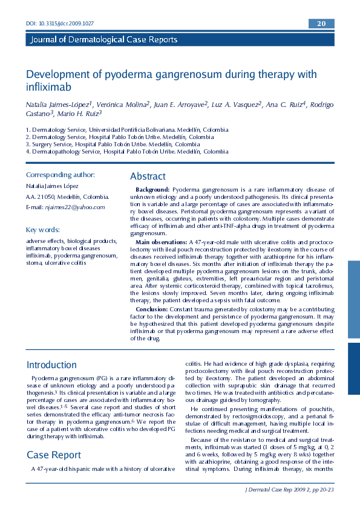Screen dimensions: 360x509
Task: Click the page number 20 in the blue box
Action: coord(321,24)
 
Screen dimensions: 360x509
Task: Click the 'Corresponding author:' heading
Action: coord(60,175)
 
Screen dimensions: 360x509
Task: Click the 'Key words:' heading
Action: coord(42,230)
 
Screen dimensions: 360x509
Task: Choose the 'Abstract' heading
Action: coord(148,177)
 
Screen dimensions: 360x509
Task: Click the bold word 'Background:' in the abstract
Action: coord(152,190)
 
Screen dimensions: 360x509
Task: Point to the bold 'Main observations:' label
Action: coord(162,242)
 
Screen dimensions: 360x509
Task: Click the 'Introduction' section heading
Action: coord(51,365)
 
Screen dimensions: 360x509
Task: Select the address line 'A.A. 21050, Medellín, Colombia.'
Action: coord(67,196)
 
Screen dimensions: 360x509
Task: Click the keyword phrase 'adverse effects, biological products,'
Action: coord(72,241)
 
